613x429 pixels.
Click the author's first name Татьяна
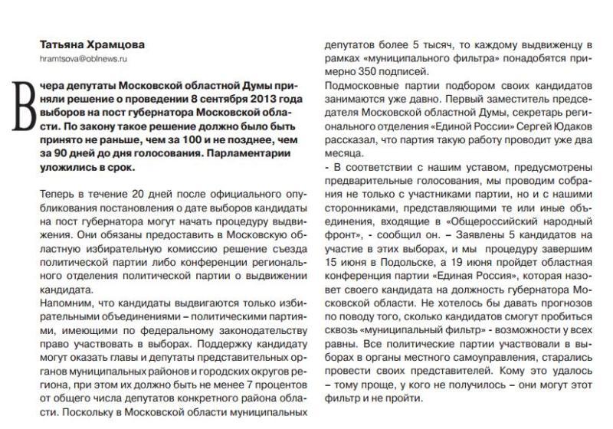coord(63,44)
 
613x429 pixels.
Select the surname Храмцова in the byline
coord(118,44)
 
